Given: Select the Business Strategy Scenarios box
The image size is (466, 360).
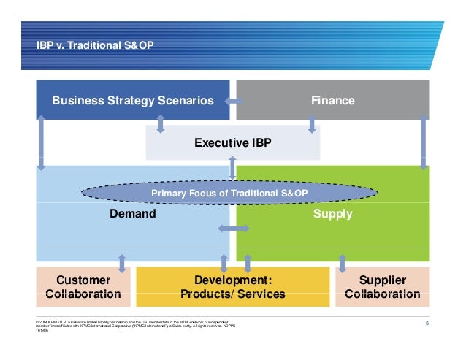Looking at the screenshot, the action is click(x=132, y=100).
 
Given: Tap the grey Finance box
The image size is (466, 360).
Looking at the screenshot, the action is click(x=332, y=100).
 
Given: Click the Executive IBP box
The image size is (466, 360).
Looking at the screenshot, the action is click(x=232, y=143).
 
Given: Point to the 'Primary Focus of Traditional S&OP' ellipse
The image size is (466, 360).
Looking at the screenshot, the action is click(x=229, y=193).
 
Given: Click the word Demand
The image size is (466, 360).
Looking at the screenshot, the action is click(x=132, y=214).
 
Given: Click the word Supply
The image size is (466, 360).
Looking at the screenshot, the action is click(x=332, y=214).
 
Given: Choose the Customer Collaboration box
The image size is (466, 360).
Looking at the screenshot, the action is click(x=83, y=287).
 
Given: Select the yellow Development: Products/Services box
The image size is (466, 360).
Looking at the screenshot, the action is click(x=232, y=287).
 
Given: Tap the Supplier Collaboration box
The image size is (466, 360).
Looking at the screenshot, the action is click(x=382, y=287).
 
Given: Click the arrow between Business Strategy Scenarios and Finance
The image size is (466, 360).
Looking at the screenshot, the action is click(x=233, y=100).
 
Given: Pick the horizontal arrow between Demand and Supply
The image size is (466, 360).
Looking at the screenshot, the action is click(x=234, y=229).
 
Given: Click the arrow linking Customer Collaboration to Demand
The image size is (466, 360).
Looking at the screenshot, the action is click(x=121, y=264).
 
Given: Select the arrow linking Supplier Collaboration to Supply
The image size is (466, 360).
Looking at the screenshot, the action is click(x=342, y=264).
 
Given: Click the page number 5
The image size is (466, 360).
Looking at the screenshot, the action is click(x=425, y=322).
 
